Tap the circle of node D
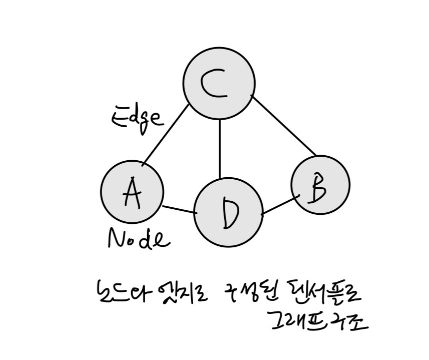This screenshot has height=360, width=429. point(228,211)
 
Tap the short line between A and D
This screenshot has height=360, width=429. point(179,209)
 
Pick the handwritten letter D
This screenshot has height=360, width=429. point(231,213)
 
